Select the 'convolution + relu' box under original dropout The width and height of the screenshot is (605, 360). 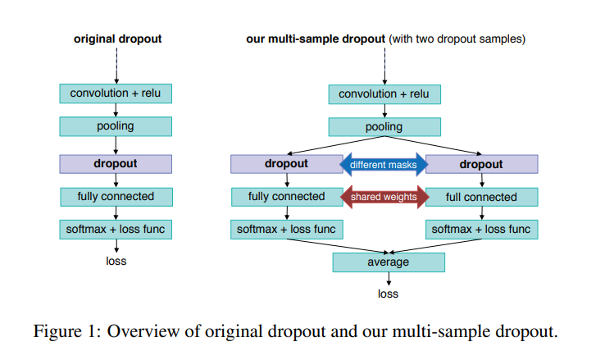click(116, 93)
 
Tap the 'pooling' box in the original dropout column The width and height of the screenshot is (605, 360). click(116, 126)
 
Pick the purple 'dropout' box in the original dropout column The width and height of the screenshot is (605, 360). click(116, 163)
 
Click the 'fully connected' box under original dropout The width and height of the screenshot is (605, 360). click(116, 197)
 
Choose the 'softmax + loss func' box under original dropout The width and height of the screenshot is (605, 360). click(116, 230)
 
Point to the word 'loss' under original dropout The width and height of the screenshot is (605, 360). click(116, 262)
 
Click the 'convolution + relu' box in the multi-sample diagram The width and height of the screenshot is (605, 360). click(384, 93)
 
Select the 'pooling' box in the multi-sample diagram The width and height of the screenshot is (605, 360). click(384, 126)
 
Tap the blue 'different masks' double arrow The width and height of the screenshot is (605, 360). click(384, 164)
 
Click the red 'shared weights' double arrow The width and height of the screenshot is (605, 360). click(384, 197)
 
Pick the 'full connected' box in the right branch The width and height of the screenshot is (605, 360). click(481, 197)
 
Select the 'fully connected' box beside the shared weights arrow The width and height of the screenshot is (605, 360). click(286, 197)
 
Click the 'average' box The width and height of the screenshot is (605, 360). click(388, 262)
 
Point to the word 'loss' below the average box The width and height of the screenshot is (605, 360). click(388, 294)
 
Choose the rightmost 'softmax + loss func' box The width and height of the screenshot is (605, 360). click(481, 230)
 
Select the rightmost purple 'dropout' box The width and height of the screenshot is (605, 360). click(481, 164)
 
